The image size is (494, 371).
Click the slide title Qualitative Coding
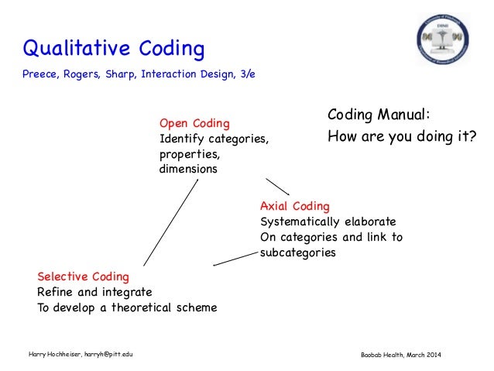(114, 50)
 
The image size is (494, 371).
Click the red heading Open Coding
(194, 123)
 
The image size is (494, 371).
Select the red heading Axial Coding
(294, 206)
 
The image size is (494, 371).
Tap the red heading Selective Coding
(83, 277)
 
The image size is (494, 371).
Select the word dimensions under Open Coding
(188, 169)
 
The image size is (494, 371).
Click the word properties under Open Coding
(186, 154)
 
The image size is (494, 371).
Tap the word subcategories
(297, 252)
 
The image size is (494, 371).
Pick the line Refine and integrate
(94, 292)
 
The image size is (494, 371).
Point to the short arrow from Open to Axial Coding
(277, 187)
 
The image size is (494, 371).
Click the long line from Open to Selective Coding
(170, 223)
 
